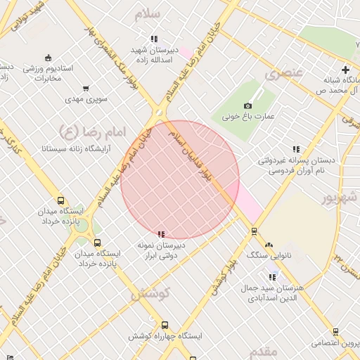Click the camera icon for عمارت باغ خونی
[247, 106]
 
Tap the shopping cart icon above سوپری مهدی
[86, 89]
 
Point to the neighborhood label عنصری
[284, 72]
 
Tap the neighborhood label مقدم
[263, 350]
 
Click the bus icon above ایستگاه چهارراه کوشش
[165, 325]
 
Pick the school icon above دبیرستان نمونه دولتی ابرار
[162, 234]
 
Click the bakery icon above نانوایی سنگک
[268, 245]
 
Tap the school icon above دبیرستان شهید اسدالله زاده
[153, 39]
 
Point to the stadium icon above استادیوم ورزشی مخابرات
[48, 58]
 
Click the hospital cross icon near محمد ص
[345, 70]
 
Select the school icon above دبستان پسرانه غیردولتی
[295, 149]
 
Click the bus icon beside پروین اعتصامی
[336, 332]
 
